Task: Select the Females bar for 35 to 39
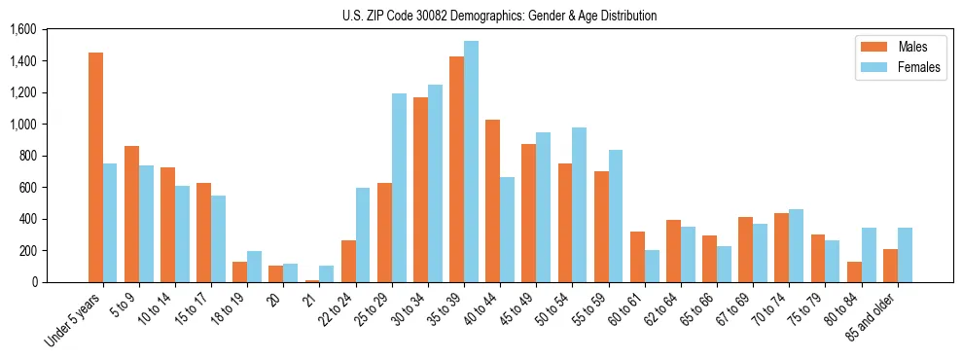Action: pyautogui.click(x=471, y=162)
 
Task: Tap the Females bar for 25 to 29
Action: pyautogui.click(x=399, y=188)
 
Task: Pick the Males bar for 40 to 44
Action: pyautogui.click(x=492, y=200)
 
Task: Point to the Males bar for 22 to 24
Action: pyautogui.click(x=348, y=261)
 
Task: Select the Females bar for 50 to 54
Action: pyautogui.click(x=579, y=204)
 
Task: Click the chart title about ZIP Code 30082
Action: pyautogui.click(x=499, y=16)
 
